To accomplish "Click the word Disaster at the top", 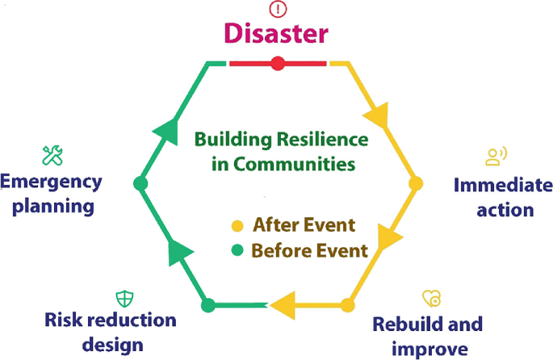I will pyautogui.click(x=277, y=33).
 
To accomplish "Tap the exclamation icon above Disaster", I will pyautogui.click(x=277, y=9).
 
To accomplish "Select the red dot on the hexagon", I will pyautogui.click(x=278, y=63).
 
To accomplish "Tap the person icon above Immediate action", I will pyautogui.click(x=494, y=156).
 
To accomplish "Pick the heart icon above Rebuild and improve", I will pyautogui.click(x=432, y=299).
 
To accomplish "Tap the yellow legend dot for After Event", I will pyautogui.click(x=237, y=225).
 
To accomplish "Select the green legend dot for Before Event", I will pyautogui.click(x=237, y=250).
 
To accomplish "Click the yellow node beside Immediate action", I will pyautogui.click(x=416, y=184).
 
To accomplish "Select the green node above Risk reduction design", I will pyautogui.click(x=207, y=305).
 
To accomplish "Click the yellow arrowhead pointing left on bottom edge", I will pyautogui.click(x=282, y=305).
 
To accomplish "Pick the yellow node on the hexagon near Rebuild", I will pyautogui.click(x=347, y=305).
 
